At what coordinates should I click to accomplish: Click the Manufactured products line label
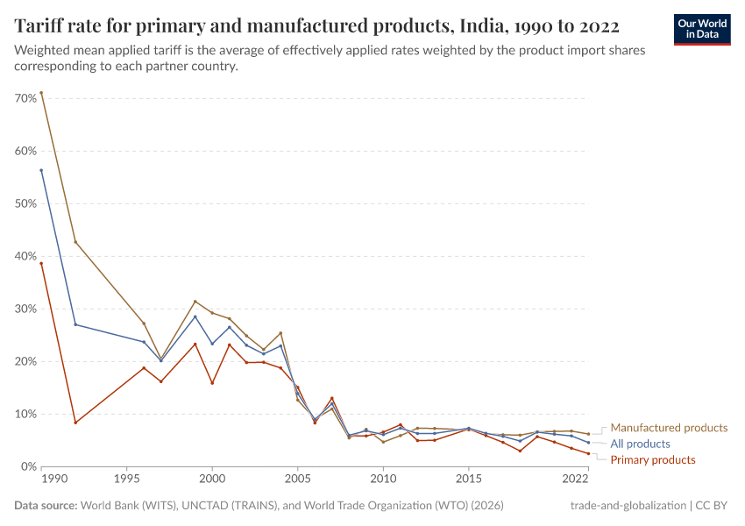[669, 428]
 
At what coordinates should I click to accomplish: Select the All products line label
[640, 444]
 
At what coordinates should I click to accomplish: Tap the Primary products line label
[652, 460]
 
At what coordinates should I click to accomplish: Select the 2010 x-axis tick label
[383, 480]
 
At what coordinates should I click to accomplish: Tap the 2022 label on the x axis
[576, 480]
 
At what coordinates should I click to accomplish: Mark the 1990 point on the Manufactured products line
[41, 93]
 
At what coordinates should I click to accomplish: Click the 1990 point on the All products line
[41, 170]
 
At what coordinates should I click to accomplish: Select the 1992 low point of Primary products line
[75, 423]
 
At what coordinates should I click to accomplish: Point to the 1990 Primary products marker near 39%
[41, 263]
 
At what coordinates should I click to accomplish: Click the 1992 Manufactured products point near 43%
[75, 242]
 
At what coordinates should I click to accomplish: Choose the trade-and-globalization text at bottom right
[628, 506]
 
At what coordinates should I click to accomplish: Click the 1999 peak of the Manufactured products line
[195, 302]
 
